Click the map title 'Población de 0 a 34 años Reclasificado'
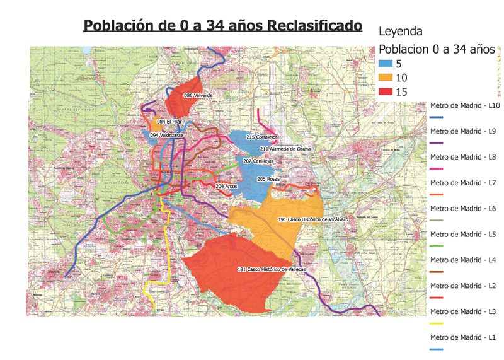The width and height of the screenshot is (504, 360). [x=222, y=26]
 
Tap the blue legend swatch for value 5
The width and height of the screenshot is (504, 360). [x=386, y=64]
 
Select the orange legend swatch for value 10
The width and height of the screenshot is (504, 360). [x=386, y=78]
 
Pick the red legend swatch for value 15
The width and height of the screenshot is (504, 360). [x=386, y=91]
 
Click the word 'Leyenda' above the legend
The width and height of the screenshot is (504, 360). [x=400, y=30]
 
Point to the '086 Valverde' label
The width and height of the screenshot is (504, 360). [x=198, y=95]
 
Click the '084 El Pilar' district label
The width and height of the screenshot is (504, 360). [x=169, y=122]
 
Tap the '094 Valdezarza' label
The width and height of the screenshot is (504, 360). [x=167, y=135]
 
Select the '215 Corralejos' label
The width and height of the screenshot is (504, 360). [x=262, y=137]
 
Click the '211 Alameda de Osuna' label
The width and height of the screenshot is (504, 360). [x=286, y=149]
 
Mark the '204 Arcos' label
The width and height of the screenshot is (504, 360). [x=226, y=187]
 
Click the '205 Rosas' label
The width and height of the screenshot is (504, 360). [x=268, y=180]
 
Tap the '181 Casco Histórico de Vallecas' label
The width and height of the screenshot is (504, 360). [x=272, y=269]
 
